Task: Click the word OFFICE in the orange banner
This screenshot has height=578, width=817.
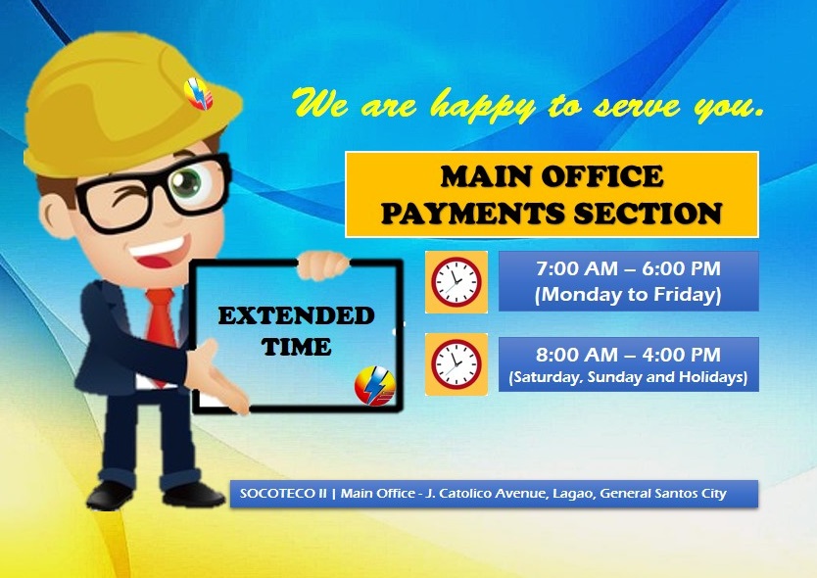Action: point(602,176)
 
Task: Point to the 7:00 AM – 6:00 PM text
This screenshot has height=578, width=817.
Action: point(628,268)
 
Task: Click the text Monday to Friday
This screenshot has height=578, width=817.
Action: point(628,294)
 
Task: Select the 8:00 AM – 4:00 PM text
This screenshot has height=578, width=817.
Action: point(628,355)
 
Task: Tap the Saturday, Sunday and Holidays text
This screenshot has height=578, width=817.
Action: point(628,376)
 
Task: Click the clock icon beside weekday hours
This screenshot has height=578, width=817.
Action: point(457,282)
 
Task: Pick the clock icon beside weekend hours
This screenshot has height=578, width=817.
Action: point(457,364)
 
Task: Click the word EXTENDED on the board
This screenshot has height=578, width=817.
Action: point(296,315)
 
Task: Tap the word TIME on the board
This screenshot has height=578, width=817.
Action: point(296,347)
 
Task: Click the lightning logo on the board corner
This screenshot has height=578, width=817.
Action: point(374,386)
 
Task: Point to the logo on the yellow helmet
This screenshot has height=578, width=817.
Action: point(199,94)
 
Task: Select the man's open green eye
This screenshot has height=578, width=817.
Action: point(186,182)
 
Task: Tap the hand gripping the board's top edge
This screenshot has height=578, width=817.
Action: point(322,265)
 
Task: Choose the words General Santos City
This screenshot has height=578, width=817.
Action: point(663,493)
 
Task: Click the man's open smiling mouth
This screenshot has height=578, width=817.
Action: point(159,252)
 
